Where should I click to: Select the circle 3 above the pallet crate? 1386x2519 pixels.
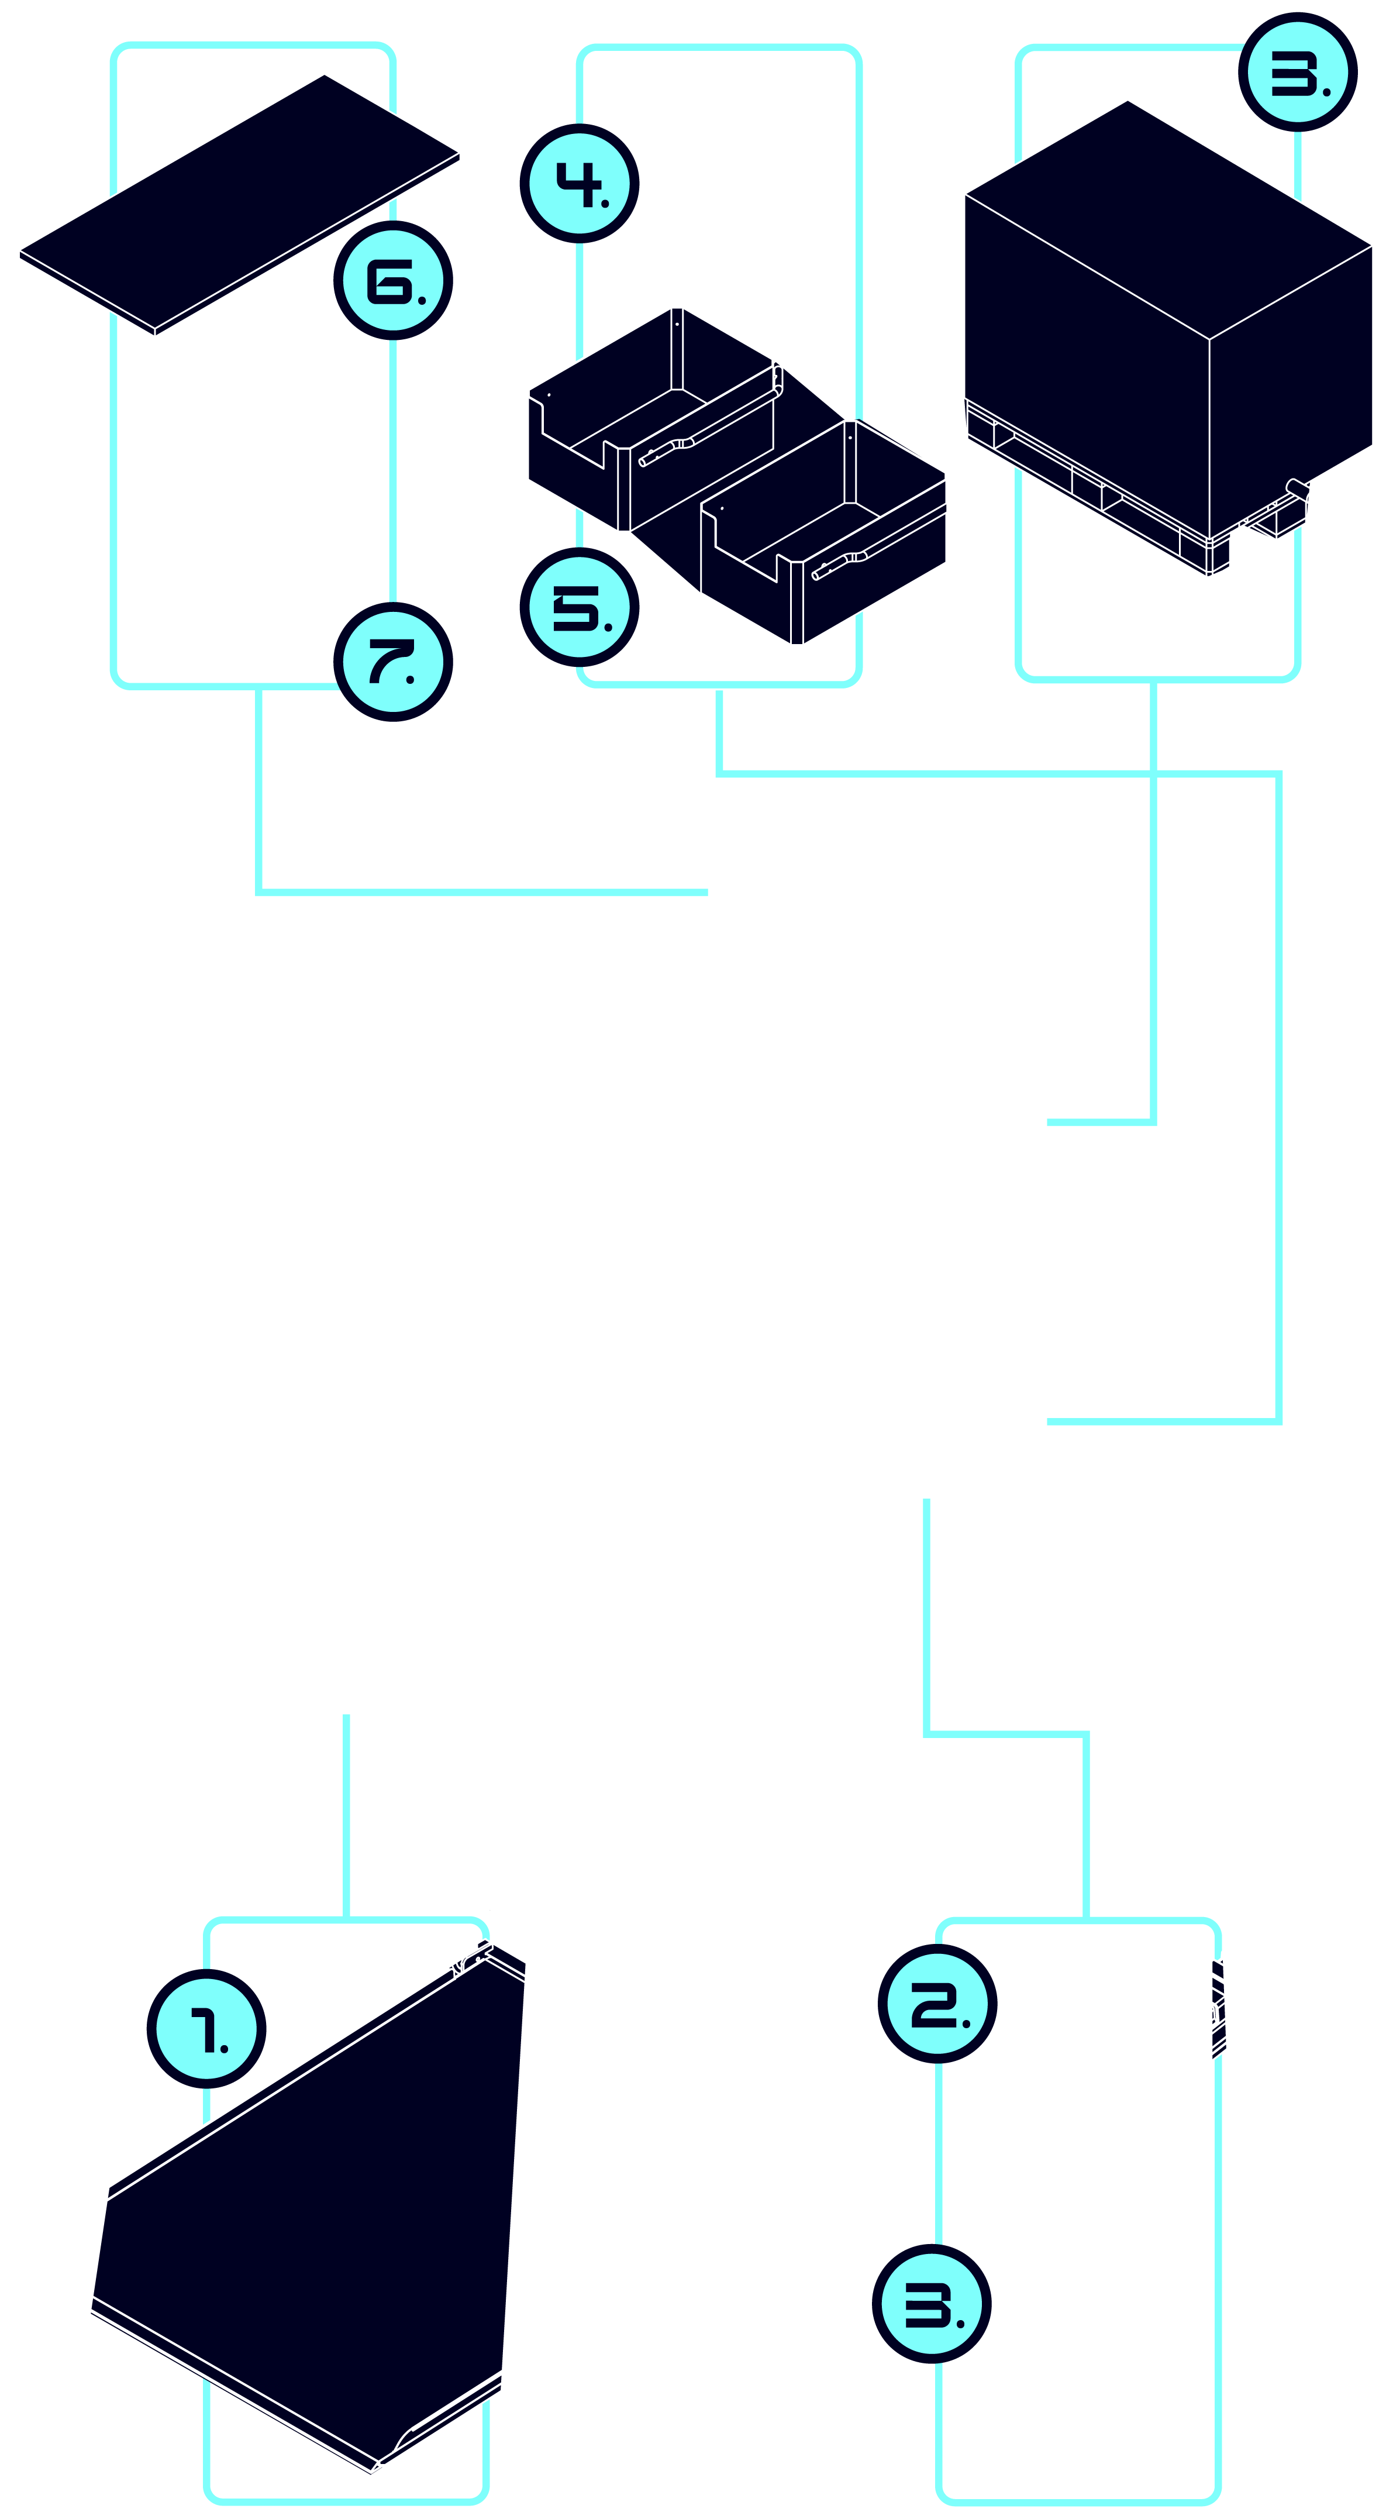[1298, 73]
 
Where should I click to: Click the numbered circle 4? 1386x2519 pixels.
[580, 183]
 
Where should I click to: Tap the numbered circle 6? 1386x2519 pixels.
[393, 281]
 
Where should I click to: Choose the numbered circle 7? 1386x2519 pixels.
[393, 662]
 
